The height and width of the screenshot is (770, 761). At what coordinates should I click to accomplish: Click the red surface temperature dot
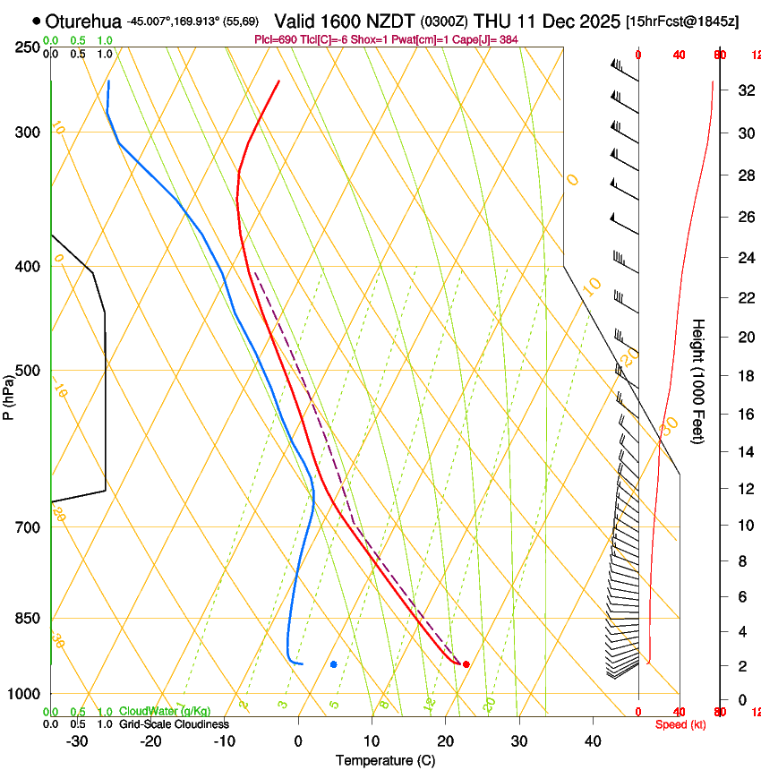pos(466,664)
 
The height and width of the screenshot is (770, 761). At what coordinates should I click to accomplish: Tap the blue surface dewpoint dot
pos(333,664)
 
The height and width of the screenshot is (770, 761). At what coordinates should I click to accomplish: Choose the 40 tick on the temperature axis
pos(592,741)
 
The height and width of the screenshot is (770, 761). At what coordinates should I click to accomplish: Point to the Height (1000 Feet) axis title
pos(699,381)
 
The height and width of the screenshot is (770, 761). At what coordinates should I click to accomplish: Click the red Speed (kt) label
pos(680,724)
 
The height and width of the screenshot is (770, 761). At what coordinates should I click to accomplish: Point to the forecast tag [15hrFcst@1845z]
pos(682,21)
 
